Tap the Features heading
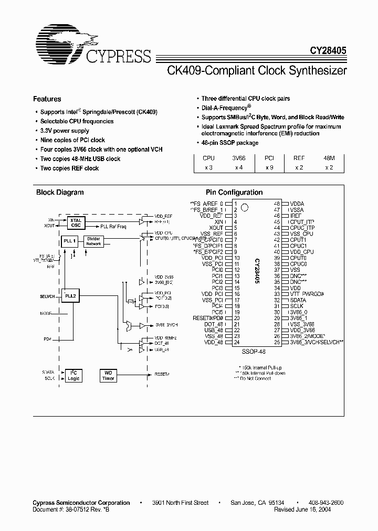click(x=47, y=99)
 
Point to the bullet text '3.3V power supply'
click(x=65, y=131)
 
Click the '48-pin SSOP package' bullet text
click(x=230, y=143)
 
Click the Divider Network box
click(x=93, y=241)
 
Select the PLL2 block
click(x=70, y=296)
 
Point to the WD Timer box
click(x=108, y=375)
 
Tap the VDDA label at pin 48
click(x=297, y=203)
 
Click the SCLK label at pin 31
click(x=297, y=305)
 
